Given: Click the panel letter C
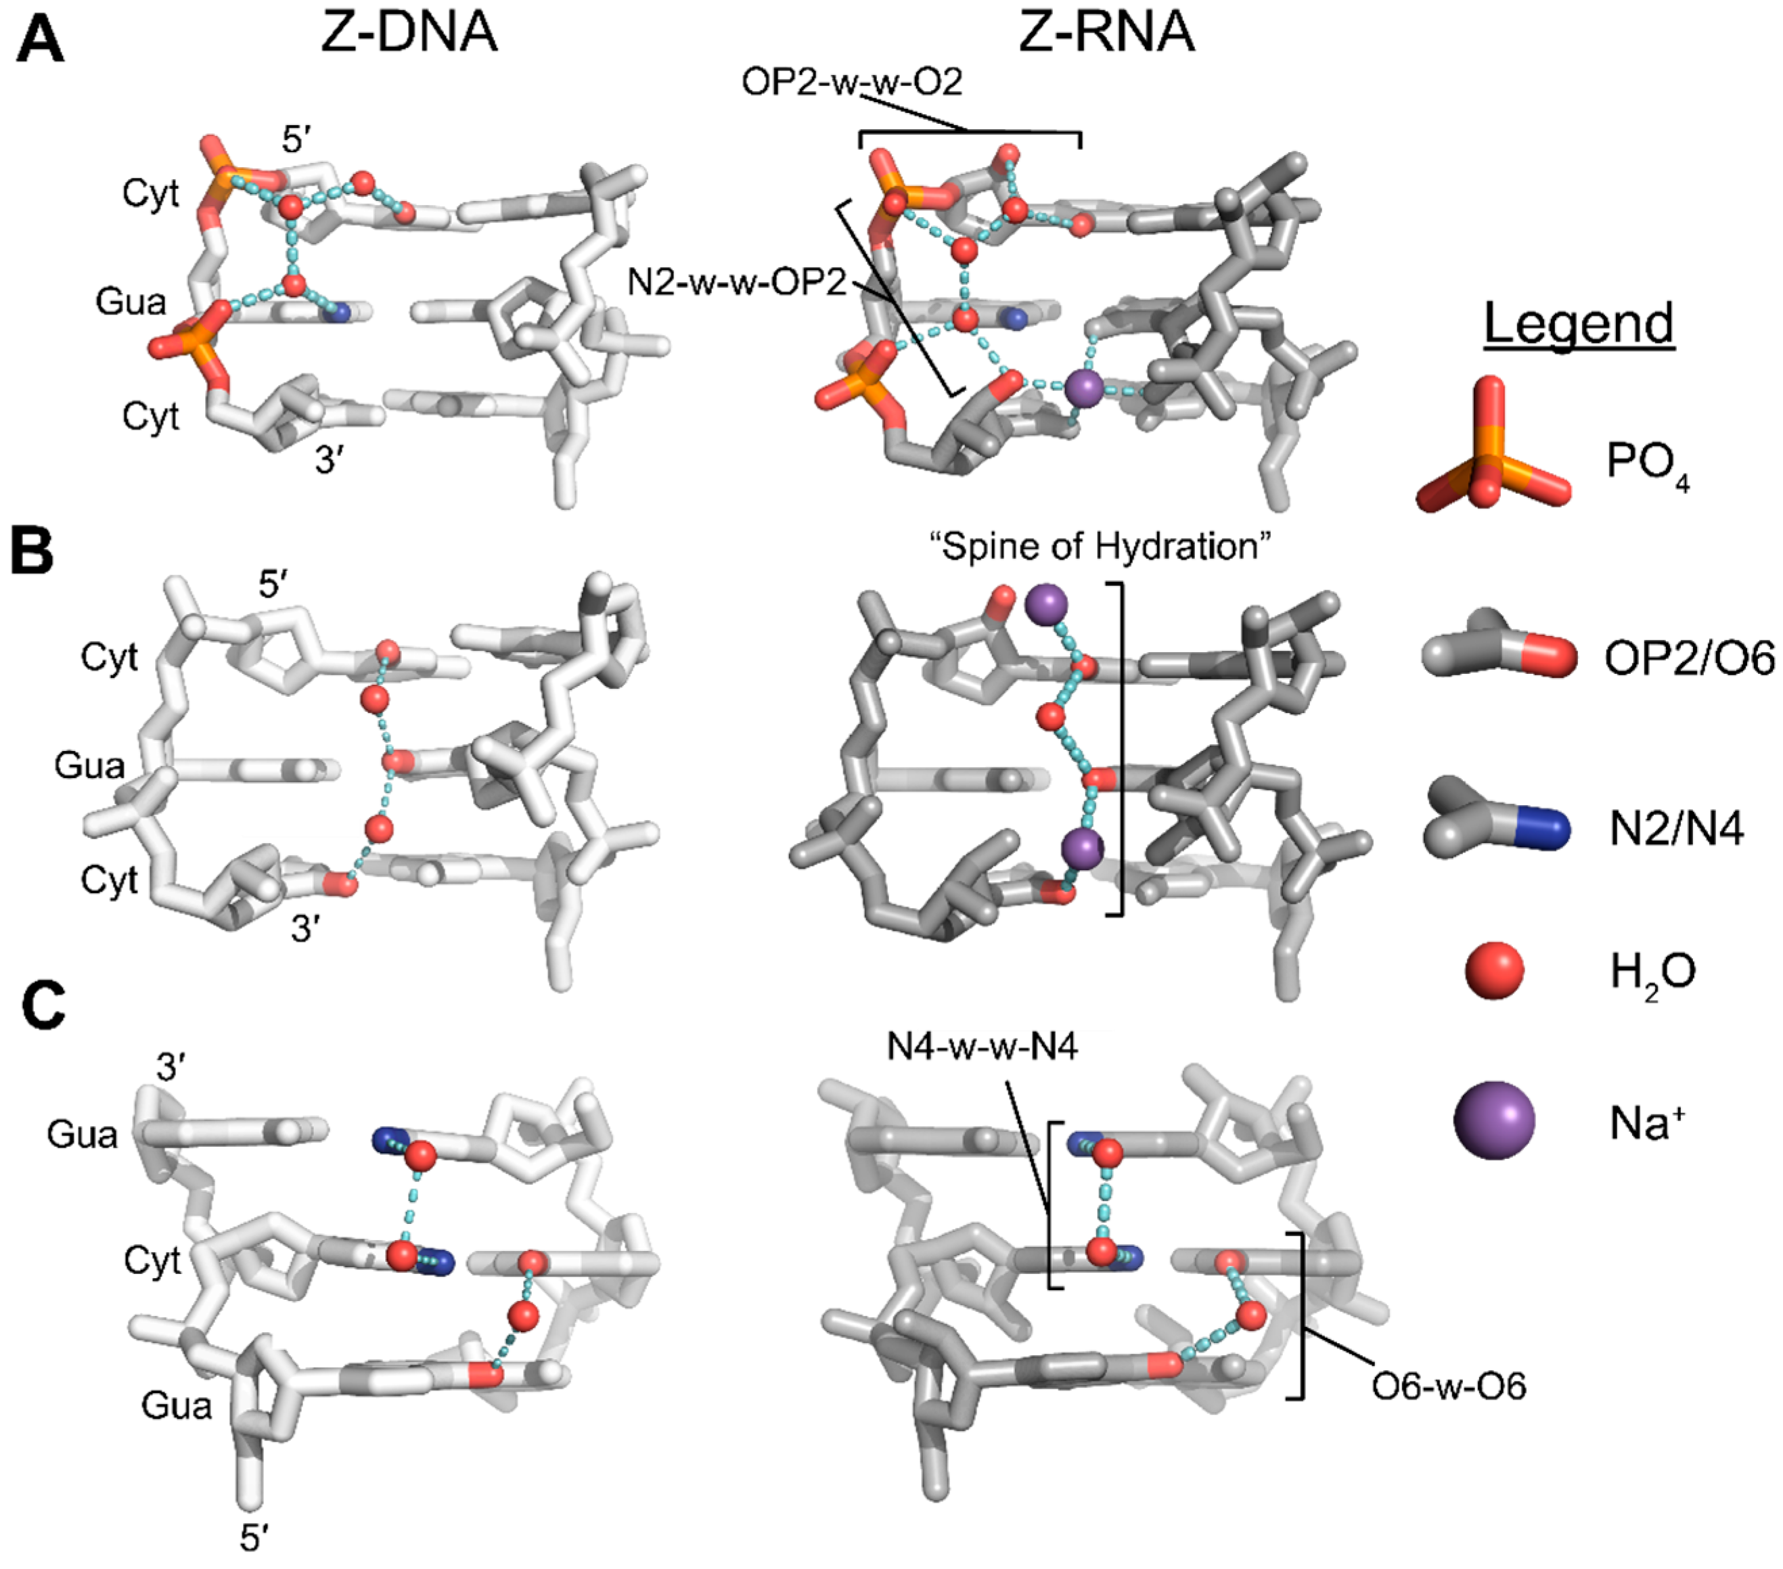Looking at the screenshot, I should pyautogui.click(x=43, y=1009).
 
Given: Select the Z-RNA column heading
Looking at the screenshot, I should pyautogui.click(x=1106, y=33).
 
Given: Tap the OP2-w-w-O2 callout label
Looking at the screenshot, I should pyautogui.click(x=851, y=83).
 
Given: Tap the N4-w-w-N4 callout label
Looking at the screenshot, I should pyautogui.click(x=983, y=1046).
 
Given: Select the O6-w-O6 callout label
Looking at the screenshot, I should pyautogui.click(x=1449, y=1387).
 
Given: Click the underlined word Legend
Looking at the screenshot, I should pyautogui.click(x=1579, y=323).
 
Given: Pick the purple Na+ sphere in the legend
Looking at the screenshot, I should pyautogui.click(x=1493, y=1120).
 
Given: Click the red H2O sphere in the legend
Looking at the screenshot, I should pyautogui.click(x=1494, y=970).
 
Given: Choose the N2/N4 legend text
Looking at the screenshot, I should pyautogui.click(x=1675, y=829).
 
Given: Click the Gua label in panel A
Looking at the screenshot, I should pyautogui.click(x=131, y=302).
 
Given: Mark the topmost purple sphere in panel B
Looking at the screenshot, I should pyautogui.click(x=1046, y=604).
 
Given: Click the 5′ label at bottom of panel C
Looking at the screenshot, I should pyautogui.click(x=253, y=1540).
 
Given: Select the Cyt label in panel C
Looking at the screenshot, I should pyautogui.click(x=152, y=1261).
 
